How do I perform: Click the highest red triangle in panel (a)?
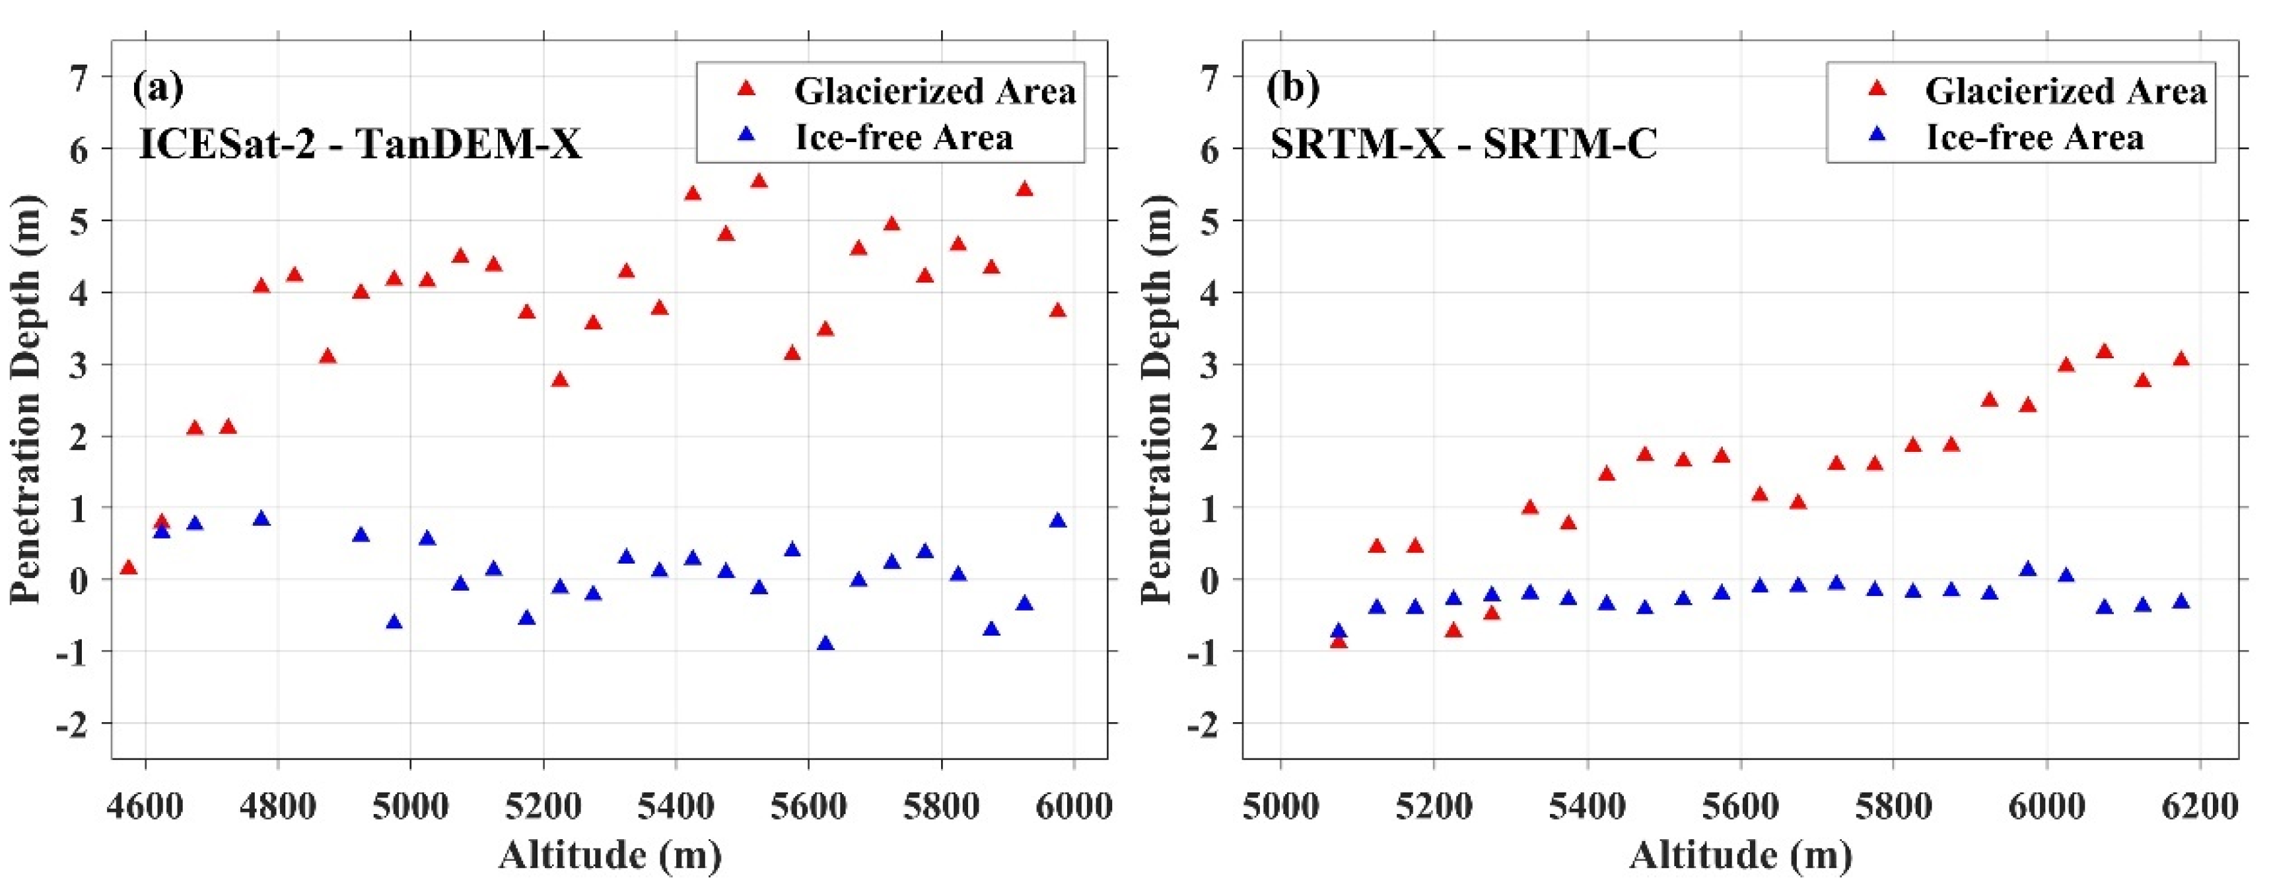click(x=758, y=182)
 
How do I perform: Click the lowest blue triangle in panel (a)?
click(x=825, y=644)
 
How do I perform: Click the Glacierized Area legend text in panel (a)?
click(x=934, y=91)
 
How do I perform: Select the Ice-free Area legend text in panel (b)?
click(x=2035, y=137)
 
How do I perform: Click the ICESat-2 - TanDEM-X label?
click(x=360, y=143)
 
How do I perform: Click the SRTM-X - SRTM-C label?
click(x=1463, y=143)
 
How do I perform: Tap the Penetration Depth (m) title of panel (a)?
click(x=26, y=398)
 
